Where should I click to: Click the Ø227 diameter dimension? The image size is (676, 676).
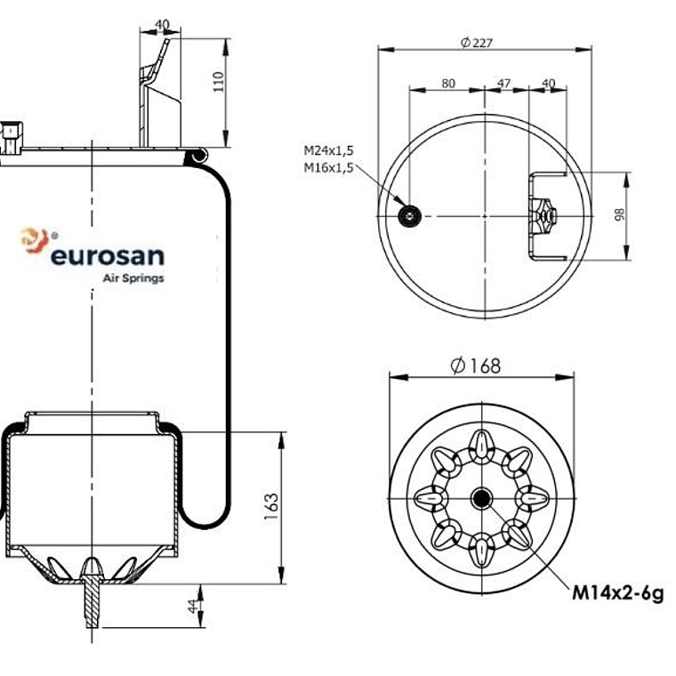pyautogui.click(x=477, y=42)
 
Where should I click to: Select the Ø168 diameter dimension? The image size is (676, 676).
pyautogui.click(x=476, y=366)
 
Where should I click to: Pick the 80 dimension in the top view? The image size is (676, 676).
pyautogui.click(x=447, y=84)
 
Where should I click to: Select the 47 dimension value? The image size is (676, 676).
pyautogui.click(x=503, y=84)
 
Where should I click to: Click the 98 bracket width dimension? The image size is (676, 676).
pyautogui.click(x=619, y=214)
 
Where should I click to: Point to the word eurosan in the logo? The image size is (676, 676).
pyautogui.click(x=107, y=256)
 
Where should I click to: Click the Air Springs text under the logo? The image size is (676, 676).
pyautogui.click(x=133, y=278)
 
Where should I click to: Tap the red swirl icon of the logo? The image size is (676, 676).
pyautogui.click(x=34, y=240)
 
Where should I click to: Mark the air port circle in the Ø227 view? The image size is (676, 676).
pyautogui.click(x=410, y=215)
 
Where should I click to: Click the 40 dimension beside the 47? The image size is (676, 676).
pyautogui.click(x=548, y=84)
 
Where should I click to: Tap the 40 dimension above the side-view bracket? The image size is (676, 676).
pyautogui.click(x=161, y=25)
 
